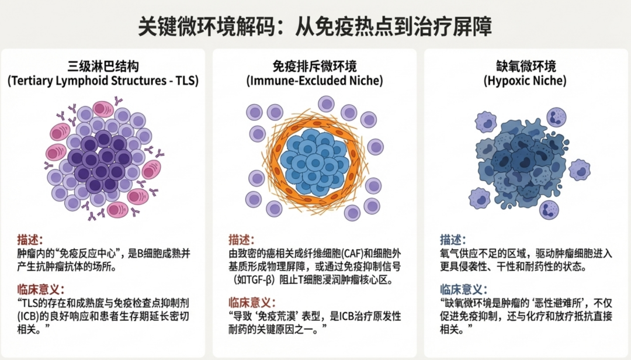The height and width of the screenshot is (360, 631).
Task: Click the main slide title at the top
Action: (315, 26)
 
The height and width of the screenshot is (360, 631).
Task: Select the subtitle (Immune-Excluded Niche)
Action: (314, 81)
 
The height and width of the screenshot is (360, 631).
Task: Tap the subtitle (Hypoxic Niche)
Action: (525, 81)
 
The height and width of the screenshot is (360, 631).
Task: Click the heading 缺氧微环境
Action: (525, 66)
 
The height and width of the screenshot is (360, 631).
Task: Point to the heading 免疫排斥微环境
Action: (314, 66)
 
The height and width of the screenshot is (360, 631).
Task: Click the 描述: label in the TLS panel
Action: (30, 240)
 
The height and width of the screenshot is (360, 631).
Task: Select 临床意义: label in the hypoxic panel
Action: (464, 289)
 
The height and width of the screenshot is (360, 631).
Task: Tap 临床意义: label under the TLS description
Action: (40, 289)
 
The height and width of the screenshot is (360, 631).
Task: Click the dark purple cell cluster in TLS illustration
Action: (100, 158)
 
